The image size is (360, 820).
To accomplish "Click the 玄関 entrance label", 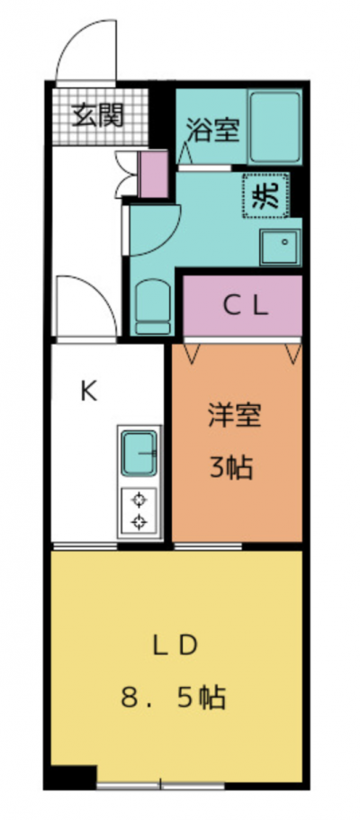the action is [x=97, y=115].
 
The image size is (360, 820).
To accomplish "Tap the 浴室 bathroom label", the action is [x=213, y=131].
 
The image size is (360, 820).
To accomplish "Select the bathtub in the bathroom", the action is [x=275, y=127].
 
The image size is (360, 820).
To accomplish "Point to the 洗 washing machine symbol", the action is [x=265, y=196].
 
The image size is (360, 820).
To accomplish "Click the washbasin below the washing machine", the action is [x=280, y=247].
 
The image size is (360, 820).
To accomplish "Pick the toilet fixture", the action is [x=153, y=307].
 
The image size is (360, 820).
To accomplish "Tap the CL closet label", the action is [x=246, y=306].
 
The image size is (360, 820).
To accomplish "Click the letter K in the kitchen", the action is [x=88, y=392].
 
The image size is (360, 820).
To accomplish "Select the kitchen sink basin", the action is [x=139, y=453].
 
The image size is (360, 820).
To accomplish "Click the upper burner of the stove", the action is [x=139, y=500].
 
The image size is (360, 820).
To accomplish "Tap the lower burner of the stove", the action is [x=139, y=521].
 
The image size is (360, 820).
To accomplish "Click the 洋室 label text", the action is [x=234, y=416].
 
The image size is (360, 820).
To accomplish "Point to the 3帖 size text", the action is [x=231, y=468].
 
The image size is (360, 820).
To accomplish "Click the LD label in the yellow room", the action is [x=175, y=646].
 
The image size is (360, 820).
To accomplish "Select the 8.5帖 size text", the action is [x=174, y=698].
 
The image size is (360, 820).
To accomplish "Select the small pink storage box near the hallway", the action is [x=154, y=174].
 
